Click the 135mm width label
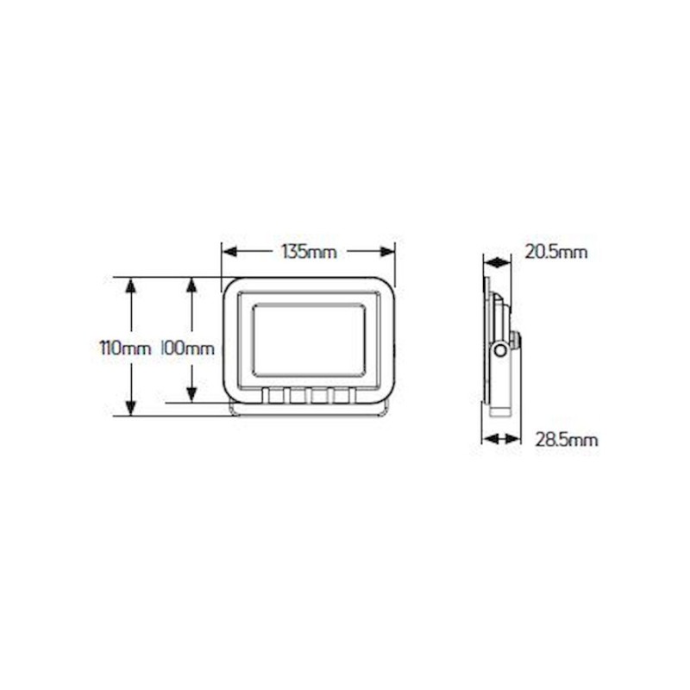point(309,252)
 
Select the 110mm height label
point(126,348)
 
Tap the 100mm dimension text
point(187,348)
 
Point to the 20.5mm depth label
point(556,252)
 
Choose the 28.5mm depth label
point(567,440)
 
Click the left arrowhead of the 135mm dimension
point(229,252)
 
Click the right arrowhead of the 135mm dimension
point(387,252)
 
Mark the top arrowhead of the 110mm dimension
point(131,285)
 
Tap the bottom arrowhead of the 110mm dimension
point(131,408)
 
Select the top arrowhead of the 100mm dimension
point(191,285)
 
